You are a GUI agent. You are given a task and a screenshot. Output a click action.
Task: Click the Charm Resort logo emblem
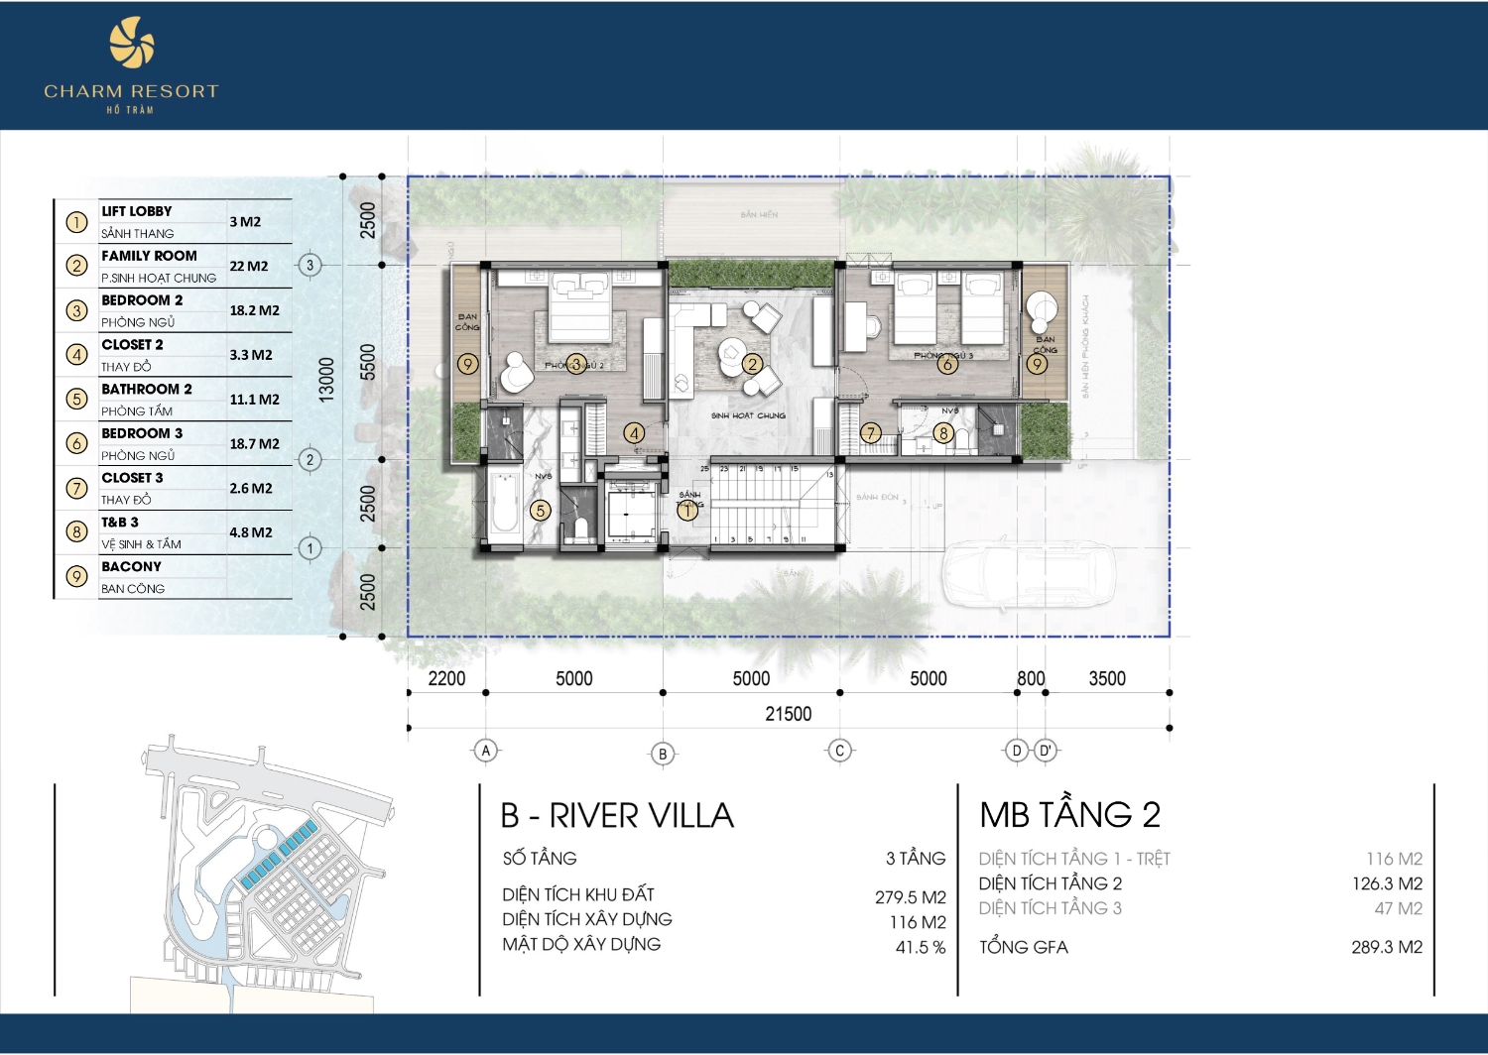tap(132, 47)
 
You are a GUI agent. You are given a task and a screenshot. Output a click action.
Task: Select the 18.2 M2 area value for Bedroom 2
tap(254, 310)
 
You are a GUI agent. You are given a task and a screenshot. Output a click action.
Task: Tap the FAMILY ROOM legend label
tap(149, 256)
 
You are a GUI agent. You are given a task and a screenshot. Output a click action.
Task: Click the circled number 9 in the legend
tap(76, 577)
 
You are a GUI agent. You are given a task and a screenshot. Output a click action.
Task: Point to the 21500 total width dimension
tap(788, 714)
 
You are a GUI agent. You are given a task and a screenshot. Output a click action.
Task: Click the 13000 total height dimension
tap(326, 379)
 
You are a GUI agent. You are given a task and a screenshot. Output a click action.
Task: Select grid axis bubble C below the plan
tap(839, 751)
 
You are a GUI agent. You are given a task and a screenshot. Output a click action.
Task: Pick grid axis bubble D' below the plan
tap(1046, 751)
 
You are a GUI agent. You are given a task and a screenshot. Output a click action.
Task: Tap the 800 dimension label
tap(1031, 678)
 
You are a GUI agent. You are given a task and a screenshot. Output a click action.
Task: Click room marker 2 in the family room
tap(752, 364)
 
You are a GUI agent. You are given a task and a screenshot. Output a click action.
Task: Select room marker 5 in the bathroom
tap(540, 511)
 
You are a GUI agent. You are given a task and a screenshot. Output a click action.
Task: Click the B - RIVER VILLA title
tap(617, 816)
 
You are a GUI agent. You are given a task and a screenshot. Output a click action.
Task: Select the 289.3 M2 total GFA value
tap(1386, 947)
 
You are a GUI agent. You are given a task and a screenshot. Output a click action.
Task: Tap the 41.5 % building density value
tap(920, 947)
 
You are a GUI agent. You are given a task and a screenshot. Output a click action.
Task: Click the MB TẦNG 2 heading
tap(1069, 815)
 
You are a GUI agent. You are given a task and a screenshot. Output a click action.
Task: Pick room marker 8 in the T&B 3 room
tap(943, 432)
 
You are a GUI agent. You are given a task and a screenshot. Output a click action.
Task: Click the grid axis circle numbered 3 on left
tap(310, 265)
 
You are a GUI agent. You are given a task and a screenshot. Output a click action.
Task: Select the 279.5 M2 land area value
tap(910, 897)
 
